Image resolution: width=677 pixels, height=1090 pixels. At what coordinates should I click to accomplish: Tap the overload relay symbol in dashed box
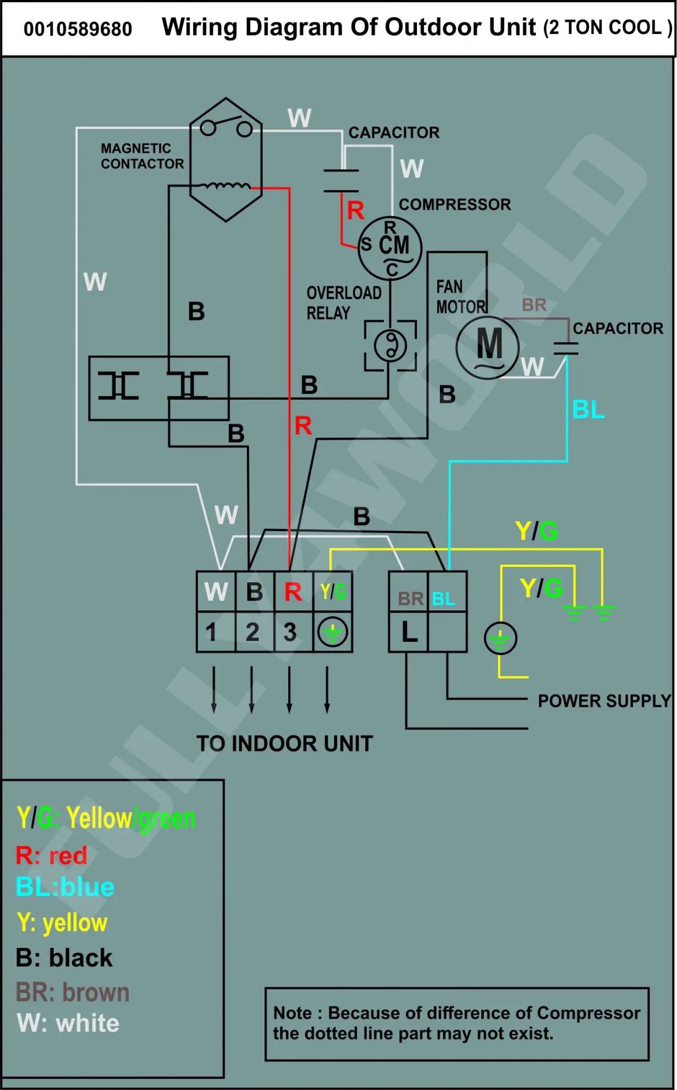tap(390, 345)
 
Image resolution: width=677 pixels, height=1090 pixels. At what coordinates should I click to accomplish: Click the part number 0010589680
tap(78, 29)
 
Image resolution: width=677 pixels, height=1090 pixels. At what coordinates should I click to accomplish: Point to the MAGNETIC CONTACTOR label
tap(143, 156)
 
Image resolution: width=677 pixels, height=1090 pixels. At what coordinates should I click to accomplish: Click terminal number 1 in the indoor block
tap(211, 632)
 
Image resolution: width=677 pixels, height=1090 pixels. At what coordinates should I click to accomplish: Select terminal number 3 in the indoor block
tap(290, 632)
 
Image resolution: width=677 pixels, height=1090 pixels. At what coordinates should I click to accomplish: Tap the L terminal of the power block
tap(409, 632)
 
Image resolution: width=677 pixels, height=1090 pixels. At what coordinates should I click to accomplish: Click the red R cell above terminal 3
tap(293, 592)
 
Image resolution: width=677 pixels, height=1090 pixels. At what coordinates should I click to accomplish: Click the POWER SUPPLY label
tap(605, 701)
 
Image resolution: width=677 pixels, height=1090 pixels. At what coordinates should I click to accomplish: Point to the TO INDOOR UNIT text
tap(285, 744)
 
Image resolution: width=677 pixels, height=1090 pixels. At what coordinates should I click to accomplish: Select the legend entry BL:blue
tap(65, 887)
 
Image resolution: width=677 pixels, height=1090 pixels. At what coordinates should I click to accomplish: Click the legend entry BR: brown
tap(73, 993)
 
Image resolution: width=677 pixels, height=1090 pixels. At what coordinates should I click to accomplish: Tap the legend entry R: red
tap(52, 855)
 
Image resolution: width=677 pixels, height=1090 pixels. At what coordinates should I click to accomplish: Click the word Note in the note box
tap(292, 1012)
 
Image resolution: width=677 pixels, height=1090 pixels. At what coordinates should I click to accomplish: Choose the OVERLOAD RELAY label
tap(344, 303)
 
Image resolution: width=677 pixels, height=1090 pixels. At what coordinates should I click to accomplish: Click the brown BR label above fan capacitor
tap(534, 305)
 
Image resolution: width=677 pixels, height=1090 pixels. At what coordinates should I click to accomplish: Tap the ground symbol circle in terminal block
tap(332, 632)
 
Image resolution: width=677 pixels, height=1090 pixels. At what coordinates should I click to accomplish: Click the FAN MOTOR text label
tap(461, 296)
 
